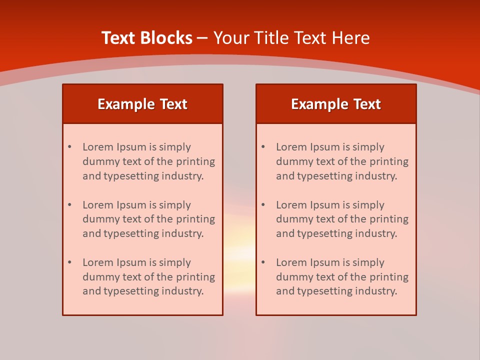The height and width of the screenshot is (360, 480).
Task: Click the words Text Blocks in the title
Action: [146, 38]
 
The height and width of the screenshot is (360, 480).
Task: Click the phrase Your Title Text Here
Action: [291, 38]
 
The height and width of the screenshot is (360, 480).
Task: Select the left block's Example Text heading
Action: [142, 104]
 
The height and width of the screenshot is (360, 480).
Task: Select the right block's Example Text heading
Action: [336, 104]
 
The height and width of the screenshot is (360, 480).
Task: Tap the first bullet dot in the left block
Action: [69, 147]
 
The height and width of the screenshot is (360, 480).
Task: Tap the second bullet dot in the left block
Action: [69, 205]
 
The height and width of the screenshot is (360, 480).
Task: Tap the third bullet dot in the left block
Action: [69, 262]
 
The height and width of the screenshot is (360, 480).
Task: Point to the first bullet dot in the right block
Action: [263, 147]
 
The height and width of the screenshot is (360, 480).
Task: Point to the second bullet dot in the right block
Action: [263, 205]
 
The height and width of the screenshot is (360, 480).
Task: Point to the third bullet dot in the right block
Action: [263, 262]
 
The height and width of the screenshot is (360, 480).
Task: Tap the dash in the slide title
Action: [202, 38]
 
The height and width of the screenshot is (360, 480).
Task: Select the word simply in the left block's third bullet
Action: [175, 262]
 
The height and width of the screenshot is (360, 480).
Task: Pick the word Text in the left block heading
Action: [173, 104]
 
